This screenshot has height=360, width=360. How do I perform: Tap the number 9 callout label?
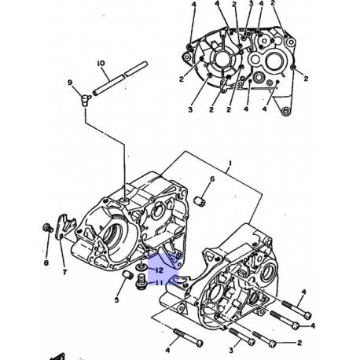pyautogui.click(x=70, y=83)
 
